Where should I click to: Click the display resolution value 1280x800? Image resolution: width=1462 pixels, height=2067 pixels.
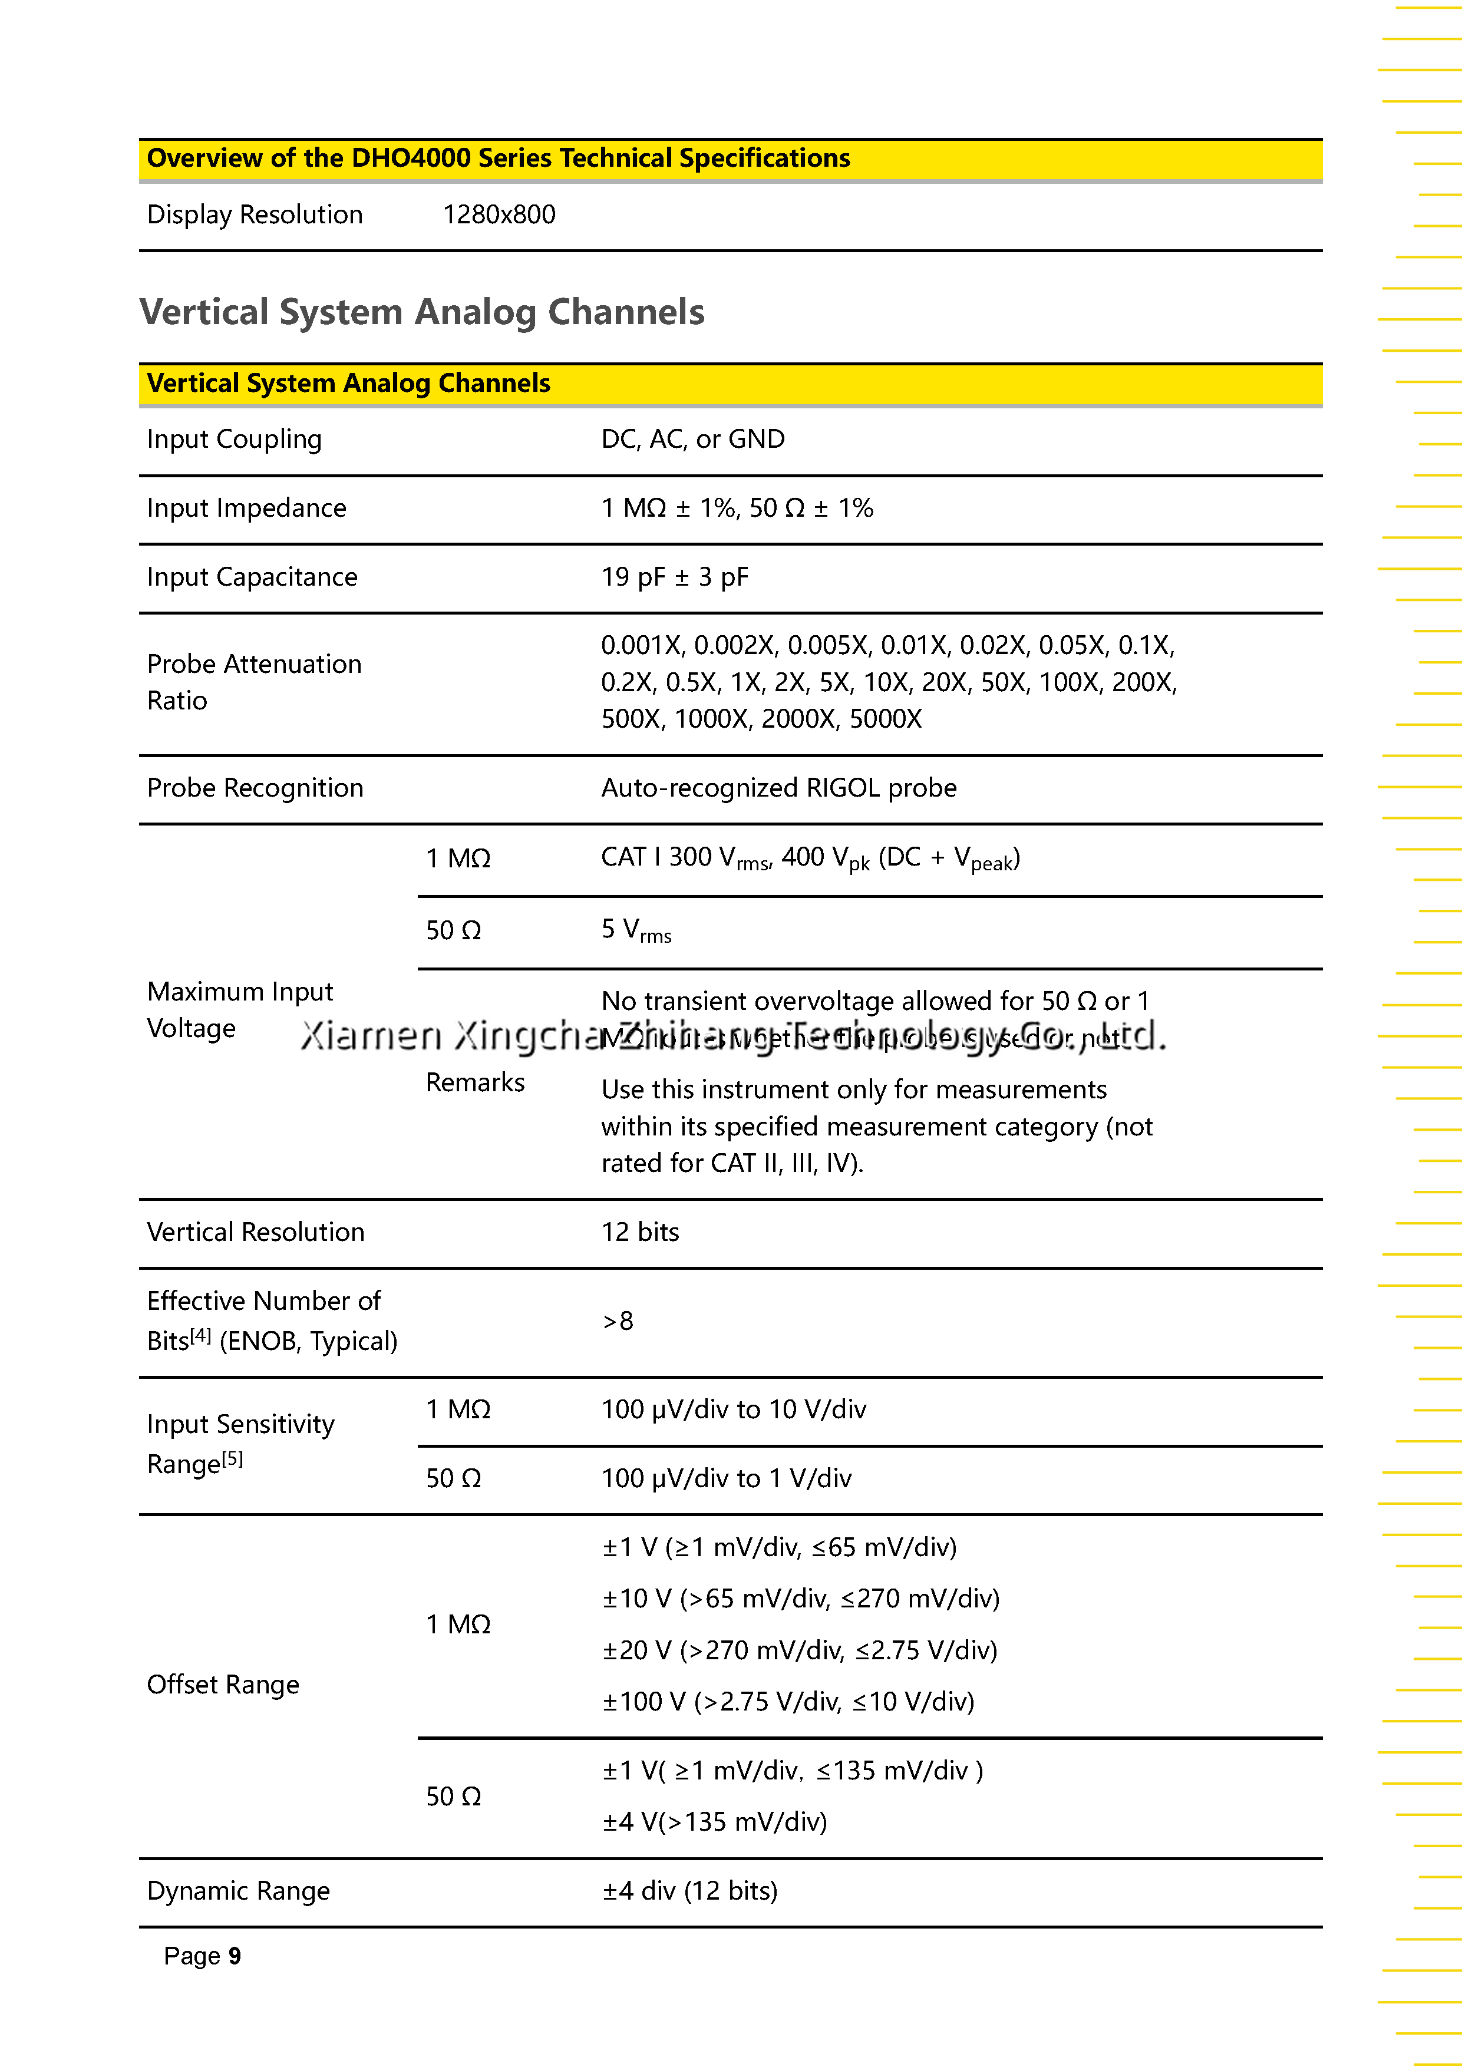point(499,214)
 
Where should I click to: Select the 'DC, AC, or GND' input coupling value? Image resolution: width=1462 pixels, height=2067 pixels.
point(692,440)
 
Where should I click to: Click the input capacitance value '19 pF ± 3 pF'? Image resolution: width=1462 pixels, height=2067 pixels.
point(674,577)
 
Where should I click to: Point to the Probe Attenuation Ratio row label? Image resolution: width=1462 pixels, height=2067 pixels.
point(254,682)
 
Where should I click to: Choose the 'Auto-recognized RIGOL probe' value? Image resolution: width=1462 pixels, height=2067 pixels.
point(778,788)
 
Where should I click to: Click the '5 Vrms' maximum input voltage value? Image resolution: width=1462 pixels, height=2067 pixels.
point(636,930)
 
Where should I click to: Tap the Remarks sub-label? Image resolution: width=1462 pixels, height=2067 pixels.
point(474,1082)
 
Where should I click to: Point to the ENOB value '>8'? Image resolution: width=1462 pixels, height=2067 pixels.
point(618,1320)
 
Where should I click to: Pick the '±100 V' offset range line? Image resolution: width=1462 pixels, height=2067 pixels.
point(788,1702)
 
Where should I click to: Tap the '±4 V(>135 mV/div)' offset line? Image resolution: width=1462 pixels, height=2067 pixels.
point(714,1822)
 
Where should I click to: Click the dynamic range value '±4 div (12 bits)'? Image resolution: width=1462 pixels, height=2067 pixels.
point(689,1891)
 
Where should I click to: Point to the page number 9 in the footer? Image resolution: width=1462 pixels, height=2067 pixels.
point(234,1956)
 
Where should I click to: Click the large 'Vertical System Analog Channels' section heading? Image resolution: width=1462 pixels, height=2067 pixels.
point(421,312)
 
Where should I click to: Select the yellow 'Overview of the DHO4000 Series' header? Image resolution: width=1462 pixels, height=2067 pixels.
point(498,159)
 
